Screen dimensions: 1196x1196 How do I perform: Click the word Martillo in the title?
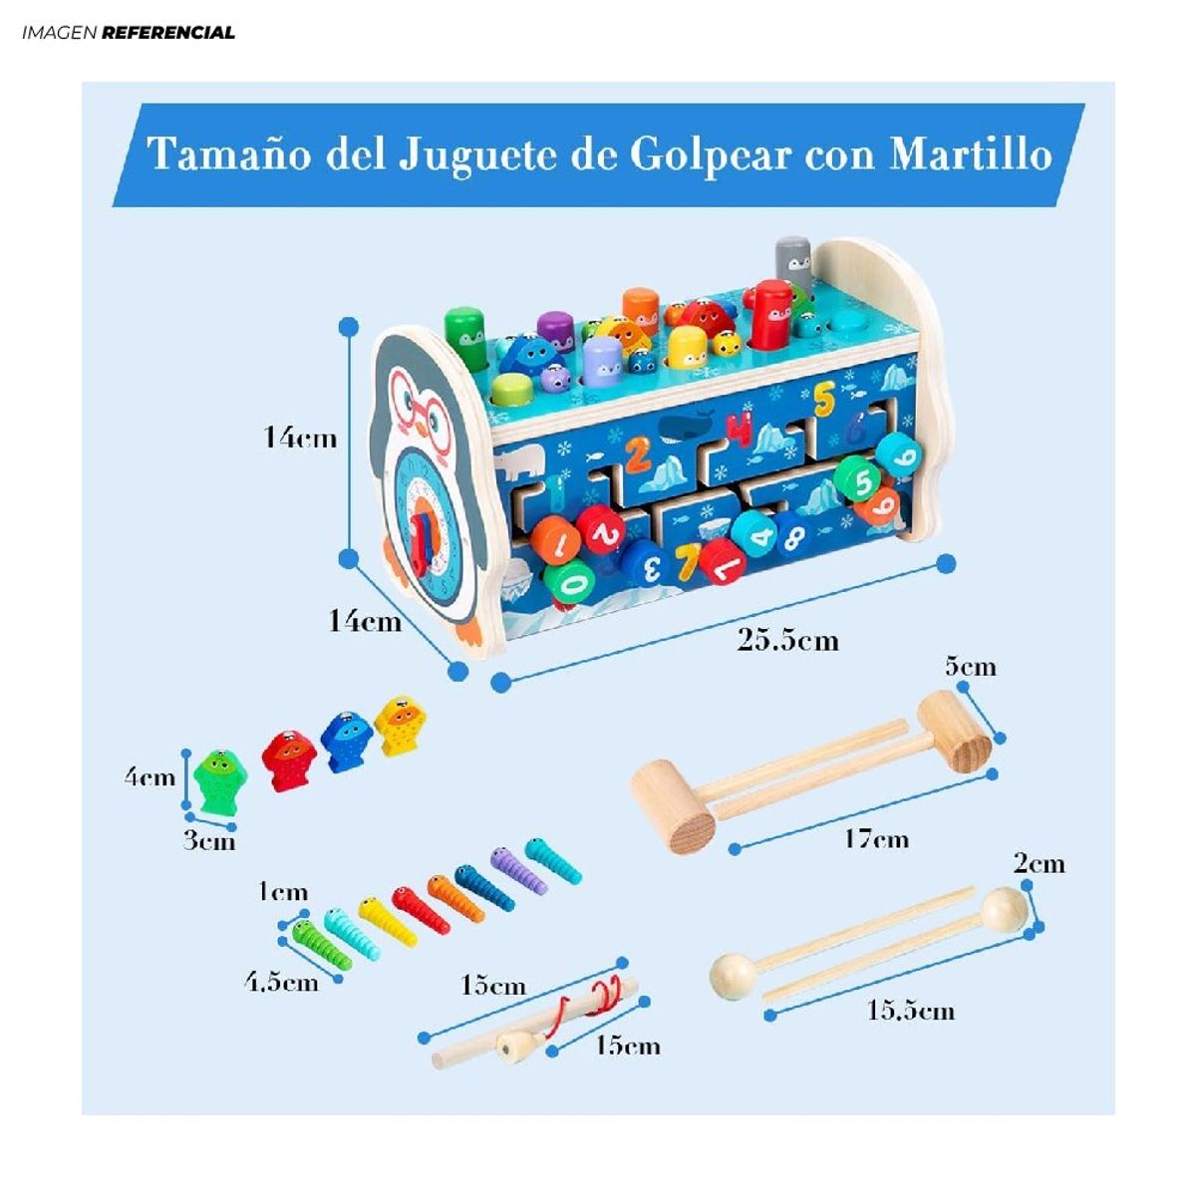click(x=971, y=154)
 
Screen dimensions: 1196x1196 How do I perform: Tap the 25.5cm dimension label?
click(x=787, y=640)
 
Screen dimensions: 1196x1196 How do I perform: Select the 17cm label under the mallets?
click(x=876, y=838)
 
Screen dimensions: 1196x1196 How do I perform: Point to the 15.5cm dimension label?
click(x=910, y=1011)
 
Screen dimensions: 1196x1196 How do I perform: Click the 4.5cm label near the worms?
click(x=281, y=982)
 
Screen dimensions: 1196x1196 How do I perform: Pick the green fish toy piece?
click(x=219, y=779)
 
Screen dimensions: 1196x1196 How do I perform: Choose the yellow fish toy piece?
click(x=401, y=725)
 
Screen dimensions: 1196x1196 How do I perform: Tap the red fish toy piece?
click(x=289, y=759)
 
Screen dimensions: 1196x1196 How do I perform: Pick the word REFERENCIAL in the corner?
click(x=168, y=33)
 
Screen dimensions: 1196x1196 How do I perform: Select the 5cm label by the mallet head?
click(x=970, y=666)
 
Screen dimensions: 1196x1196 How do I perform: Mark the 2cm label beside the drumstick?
click(x=1039, y=863)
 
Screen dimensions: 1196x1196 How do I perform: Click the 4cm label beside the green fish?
click(x=149, y=777)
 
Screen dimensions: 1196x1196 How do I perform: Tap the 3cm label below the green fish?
click(x=209, y=841)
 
